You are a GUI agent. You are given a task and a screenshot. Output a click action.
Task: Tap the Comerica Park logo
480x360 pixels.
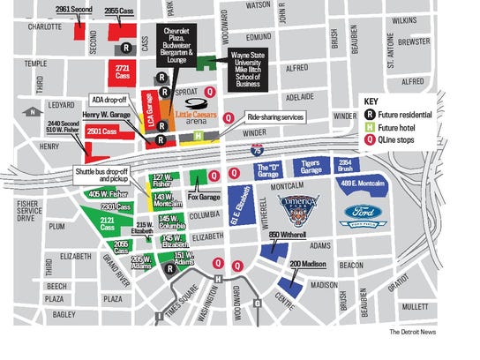pos(297,211)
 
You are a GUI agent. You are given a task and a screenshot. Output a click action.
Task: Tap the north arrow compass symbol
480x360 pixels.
pos(34,112)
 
